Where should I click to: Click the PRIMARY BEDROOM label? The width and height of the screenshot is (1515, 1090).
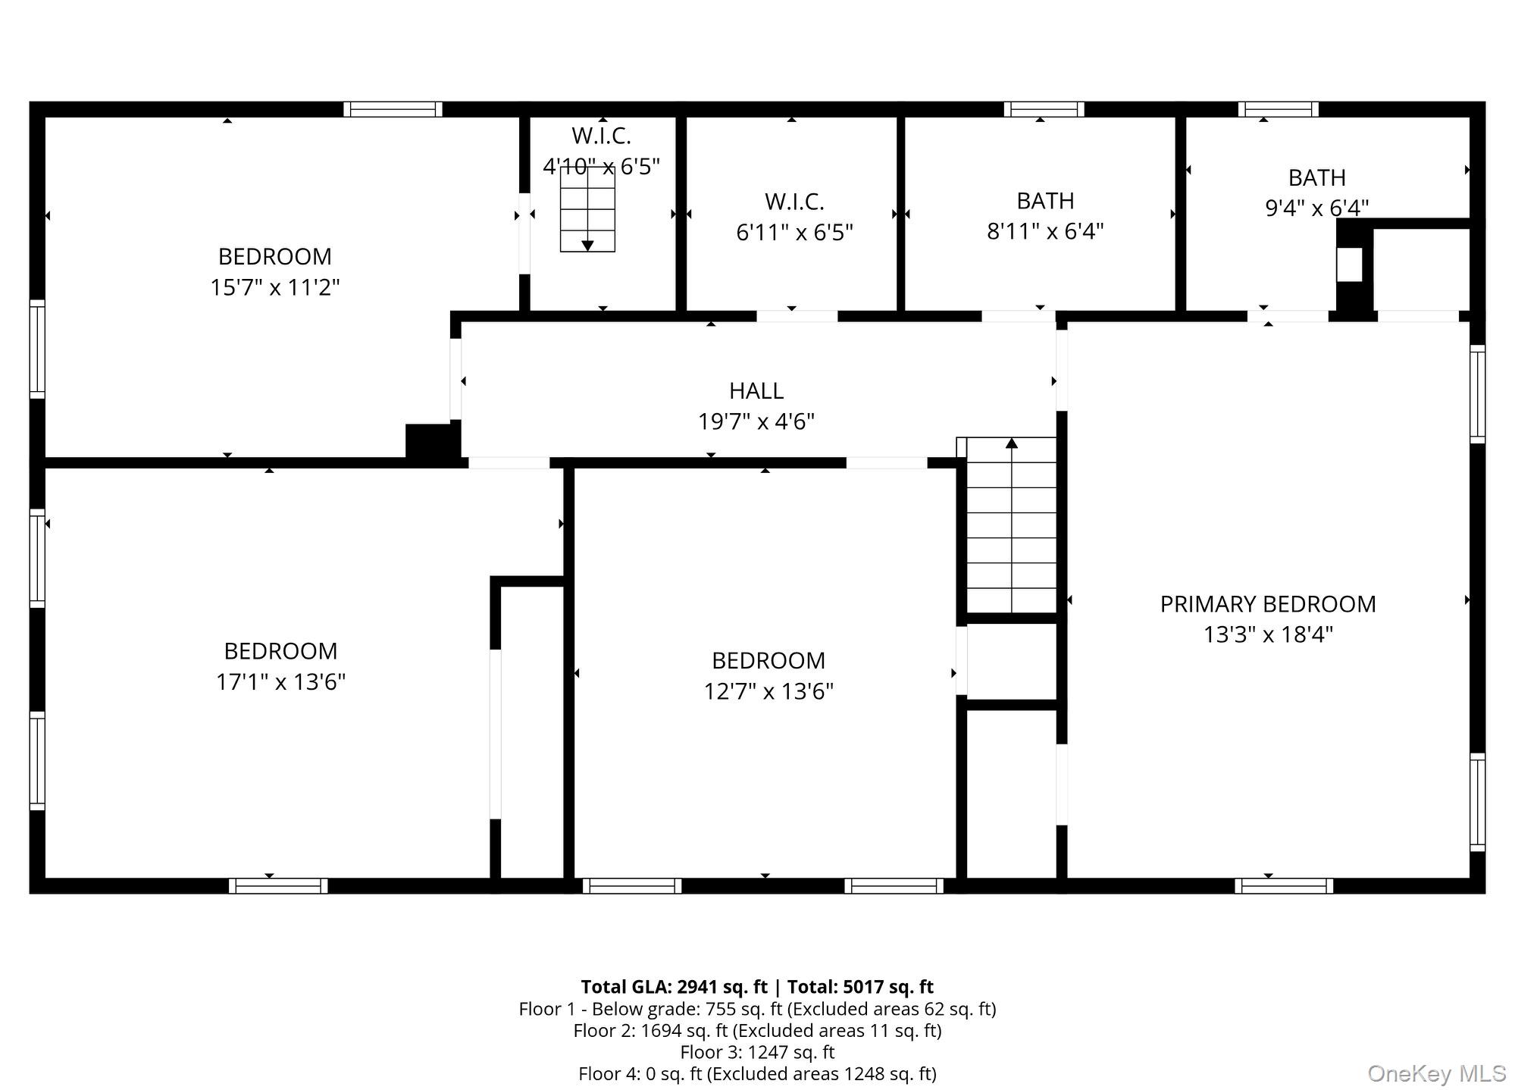coord(1267,604)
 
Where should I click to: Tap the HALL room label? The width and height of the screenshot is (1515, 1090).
coord(756,390)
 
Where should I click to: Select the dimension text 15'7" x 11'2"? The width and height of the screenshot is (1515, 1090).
coord(274,288)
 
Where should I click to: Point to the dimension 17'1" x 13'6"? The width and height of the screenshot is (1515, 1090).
coord(280,682)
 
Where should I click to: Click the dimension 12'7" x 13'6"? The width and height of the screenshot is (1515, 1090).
coord(768,691)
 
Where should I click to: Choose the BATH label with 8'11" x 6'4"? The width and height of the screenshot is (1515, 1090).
coord(1044,201)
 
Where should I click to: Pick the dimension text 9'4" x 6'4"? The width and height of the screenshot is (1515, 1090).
coord(1316,208)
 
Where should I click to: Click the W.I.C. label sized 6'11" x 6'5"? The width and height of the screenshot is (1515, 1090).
coord(793,202)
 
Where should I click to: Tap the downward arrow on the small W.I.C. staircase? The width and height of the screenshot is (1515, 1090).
coord(587,245)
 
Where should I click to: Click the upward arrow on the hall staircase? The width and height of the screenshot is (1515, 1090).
coord(1011,443)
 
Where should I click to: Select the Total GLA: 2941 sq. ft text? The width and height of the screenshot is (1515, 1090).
coord(674,987)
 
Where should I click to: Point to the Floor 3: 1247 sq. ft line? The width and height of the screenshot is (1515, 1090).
coord(756,1052)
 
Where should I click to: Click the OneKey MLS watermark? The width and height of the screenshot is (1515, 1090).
coord(1436,1073)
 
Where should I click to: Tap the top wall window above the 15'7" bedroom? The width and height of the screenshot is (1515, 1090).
coord(393,109)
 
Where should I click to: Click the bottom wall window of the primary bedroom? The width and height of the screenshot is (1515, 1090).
coord(1283,885)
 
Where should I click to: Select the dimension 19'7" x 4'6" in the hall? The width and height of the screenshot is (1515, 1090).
coord(756,421)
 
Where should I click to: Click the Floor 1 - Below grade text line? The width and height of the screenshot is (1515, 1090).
coord(756,1009)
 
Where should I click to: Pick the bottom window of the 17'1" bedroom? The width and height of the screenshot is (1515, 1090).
coord(278,885)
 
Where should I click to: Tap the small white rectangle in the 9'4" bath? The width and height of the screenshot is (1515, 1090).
coord(1348,265)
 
